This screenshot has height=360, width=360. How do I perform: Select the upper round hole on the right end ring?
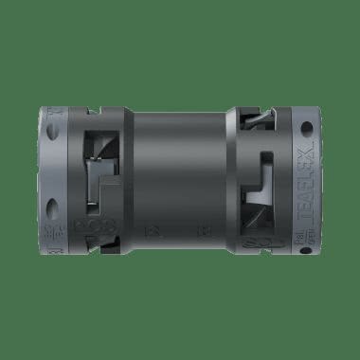306,126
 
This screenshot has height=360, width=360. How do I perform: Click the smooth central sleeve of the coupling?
174,180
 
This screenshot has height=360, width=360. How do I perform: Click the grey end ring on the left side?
53,180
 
